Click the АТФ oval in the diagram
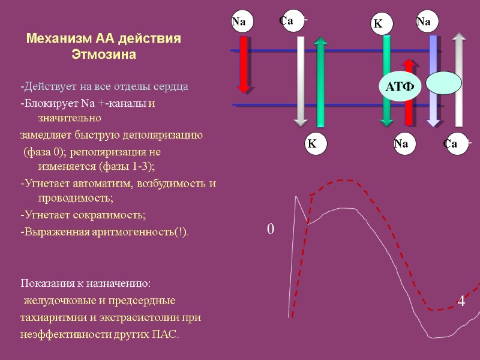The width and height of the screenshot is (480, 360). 400,88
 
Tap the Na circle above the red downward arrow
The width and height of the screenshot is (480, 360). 239,23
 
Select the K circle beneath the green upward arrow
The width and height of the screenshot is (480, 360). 312,144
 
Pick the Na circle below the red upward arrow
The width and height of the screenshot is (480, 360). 401,144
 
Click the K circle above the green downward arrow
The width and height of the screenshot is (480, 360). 378,25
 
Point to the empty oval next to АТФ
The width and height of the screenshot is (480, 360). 443,83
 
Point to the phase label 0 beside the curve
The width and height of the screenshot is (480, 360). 270,229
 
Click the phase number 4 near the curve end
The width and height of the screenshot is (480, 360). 461,302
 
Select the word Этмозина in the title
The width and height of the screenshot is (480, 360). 104,55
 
